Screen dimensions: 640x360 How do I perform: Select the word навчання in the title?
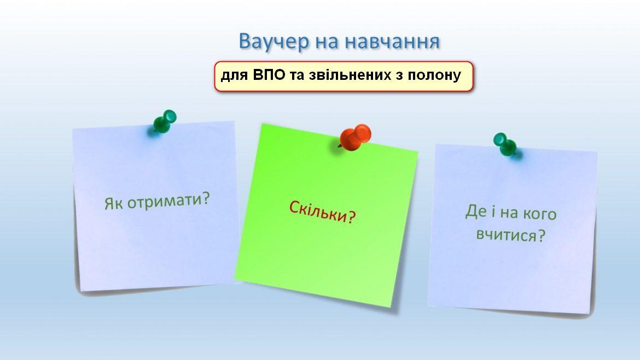pos(392,42)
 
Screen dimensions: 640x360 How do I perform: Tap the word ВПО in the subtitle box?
pos(269,75)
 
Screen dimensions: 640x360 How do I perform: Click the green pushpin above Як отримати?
pos(165,121)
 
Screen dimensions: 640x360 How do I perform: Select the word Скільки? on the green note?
pos(322,212)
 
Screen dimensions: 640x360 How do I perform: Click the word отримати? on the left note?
pos(168,200)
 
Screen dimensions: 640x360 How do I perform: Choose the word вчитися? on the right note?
pos(510,235)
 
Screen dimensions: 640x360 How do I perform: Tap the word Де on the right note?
pos(475,211)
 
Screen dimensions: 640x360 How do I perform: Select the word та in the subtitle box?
pos(296,76)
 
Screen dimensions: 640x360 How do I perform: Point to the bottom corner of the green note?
pos(391,307)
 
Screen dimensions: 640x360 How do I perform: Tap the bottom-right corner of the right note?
pos(591,314)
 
